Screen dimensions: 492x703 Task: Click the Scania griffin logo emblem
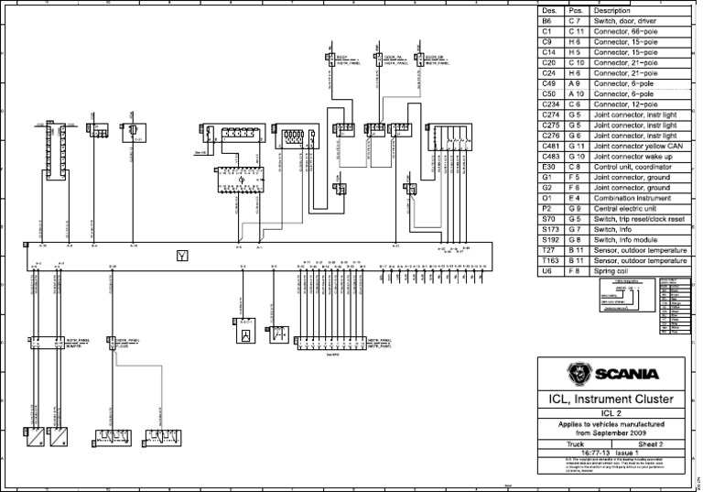(x=578, y=373)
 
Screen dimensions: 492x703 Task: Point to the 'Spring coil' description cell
(x=612, y=271)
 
